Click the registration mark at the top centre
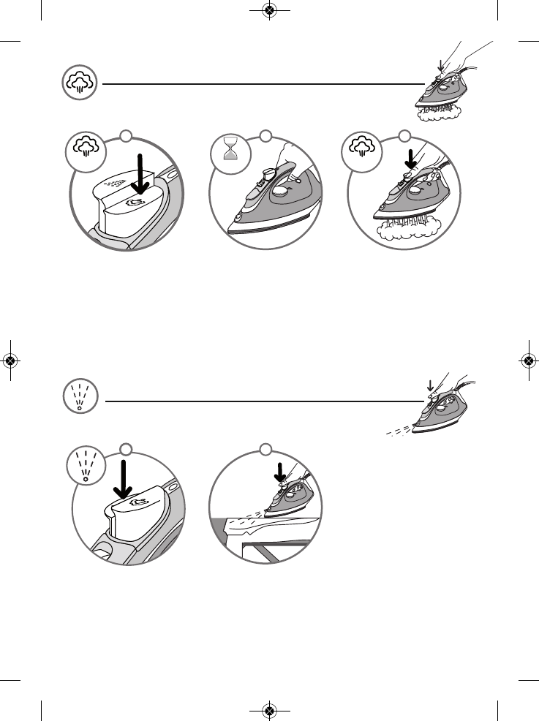tap(269, 10)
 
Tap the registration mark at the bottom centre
tap(269, 710)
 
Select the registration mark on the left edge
tap(10, 360)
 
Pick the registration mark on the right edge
tap(528, 360)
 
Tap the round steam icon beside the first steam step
tap(86, 151)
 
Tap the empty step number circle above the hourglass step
tap(265, 136)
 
